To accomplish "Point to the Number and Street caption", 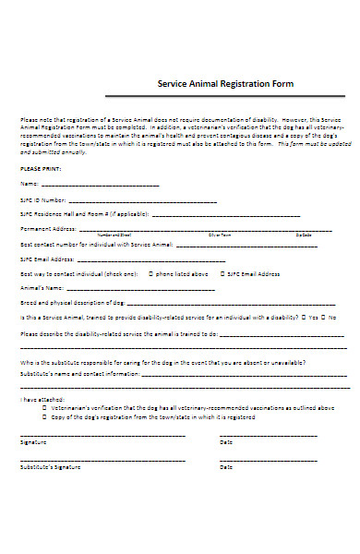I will pyautogui.click(x=117, y=235).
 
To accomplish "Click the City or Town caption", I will pyautogui.click(x=220, y=235).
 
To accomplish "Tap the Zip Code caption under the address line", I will pyautogui.click(x=304, y=235).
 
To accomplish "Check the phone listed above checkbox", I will pyautogui.click(x=149, y=274).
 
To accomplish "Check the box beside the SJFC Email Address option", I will pyautogui.click(x=221, y=274).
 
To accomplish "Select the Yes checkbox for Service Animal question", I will pyautogui.click(x=304, y=317).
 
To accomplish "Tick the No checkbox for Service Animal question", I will pyautogui.click(x=324, y=317).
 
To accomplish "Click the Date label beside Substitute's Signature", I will pyautogui.click(x=226, y=467).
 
